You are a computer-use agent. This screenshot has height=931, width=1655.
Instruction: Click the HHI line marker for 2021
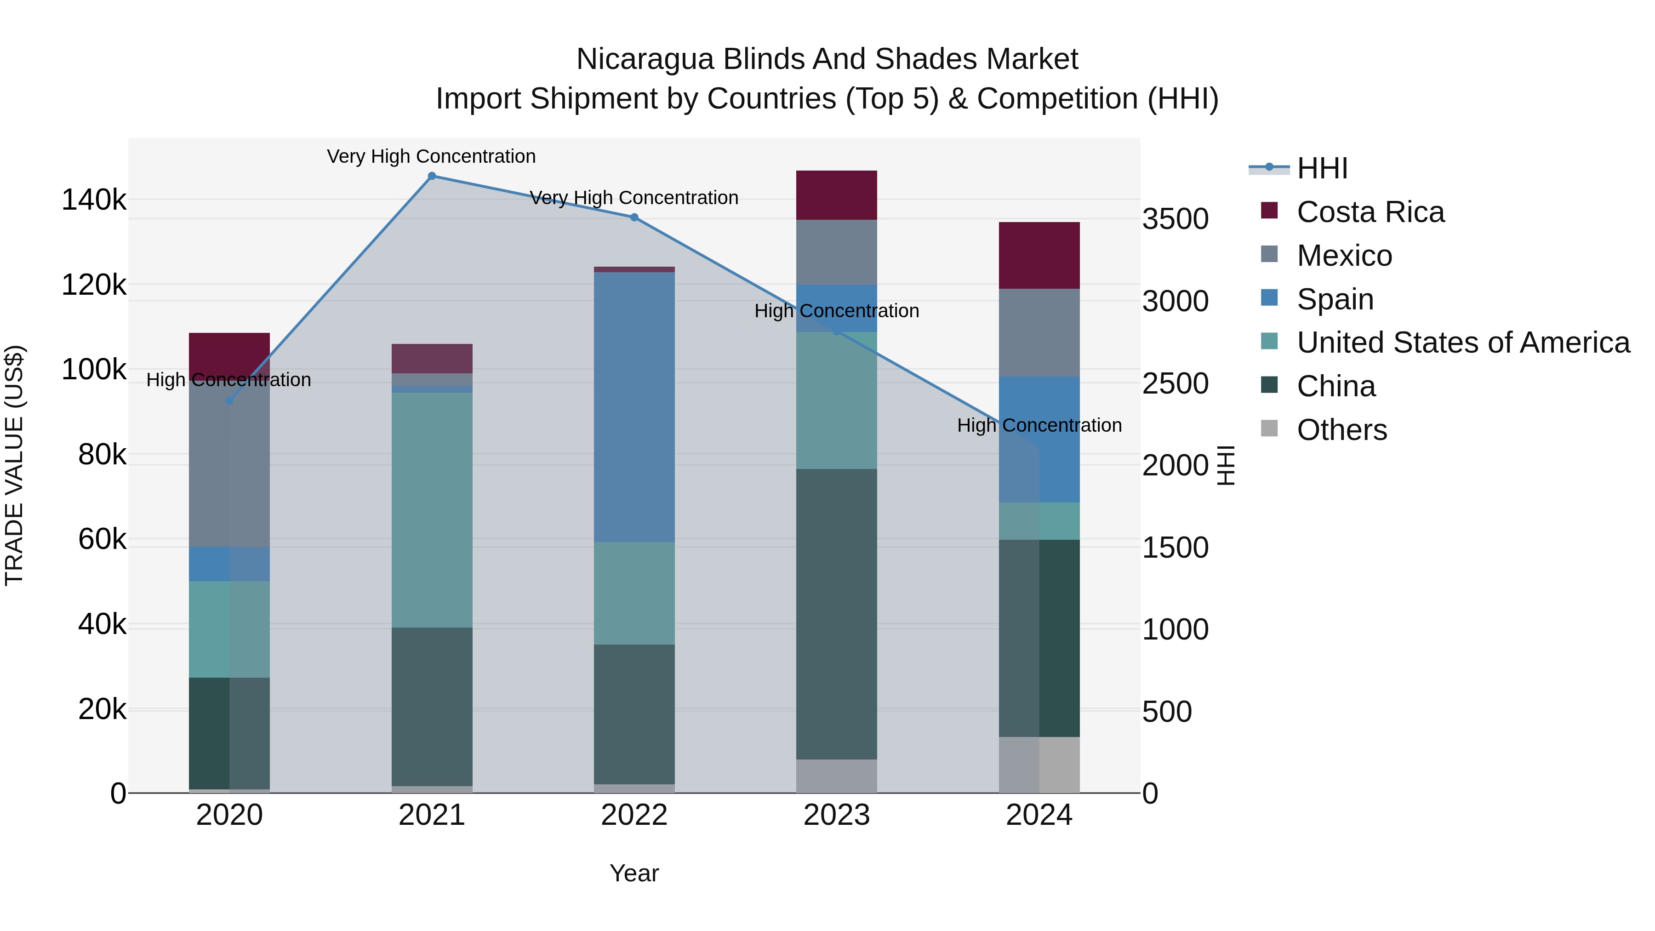(432, 176)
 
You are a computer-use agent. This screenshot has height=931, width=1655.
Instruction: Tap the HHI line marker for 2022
(634, 217)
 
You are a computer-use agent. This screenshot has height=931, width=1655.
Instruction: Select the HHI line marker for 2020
(229, 400)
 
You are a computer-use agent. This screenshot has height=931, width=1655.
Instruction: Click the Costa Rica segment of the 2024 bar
(1039, 255)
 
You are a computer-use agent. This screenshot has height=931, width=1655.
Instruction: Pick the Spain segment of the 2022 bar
(634, 407)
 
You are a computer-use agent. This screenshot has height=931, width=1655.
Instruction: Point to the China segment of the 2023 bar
(837, 614)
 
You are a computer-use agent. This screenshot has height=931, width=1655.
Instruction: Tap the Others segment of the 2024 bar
(1039, 765)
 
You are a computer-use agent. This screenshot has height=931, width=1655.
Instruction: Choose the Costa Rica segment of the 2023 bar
(837, 195)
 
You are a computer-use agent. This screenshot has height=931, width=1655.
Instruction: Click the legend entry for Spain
(1335, 299)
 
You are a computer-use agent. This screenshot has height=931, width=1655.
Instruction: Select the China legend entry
(1335, 386)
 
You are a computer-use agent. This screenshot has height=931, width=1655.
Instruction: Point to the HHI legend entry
(1322, 168)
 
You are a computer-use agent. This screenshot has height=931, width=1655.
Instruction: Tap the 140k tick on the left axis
(94, 200)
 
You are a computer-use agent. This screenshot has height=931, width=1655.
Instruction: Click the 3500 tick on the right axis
(1175, 219)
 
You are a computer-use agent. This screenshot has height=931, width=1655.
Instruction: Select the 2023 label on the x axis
(837, 815)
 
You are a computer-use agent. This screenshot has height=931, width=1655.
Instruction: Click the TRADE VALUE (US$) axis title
(15, 465)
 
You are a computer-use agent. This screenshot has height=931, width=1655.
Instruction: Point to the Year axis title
(634, 873)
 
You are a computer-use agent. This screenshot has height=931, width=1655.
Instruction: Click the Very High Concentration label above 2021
(431, 156)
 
